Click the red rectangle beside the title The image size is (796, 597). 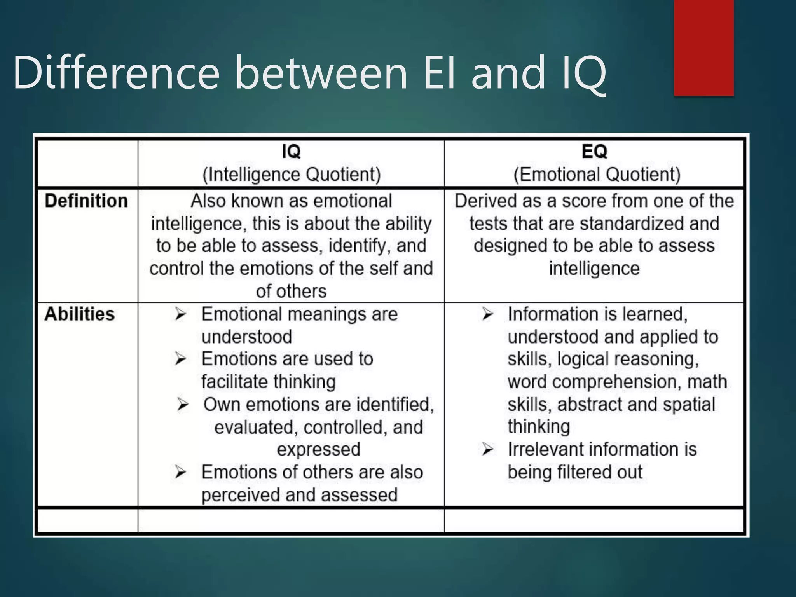[x=703, y=47]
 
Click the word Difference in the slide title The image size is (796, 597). [x=116, y=73]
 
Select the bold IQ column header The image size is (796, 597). [x=291, y=151]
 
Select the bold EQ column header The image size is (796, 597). [x=594, y=151]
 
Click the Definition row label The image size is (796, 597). [x=86, y=201]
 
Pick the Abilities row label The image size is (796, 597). [x=80, y=314]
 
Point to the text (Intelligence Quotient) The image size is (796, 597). [x=291, y=174]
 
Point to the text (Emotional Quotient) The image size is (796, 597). [x=597, y=174]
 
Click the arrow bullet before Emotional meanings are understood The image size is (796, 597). [x=180, y=314]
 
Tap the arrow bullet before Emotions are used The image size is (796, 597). [x=180, y=359]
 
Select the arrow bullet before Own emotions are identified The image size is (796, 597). [x=183, y=405]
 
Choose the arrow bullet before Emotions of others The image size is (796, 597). [x=180, y=472]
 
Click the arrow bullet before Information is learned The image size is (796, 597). [x=487, y=314]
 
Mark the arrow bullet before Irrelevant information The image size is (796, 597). [x=487, y=449]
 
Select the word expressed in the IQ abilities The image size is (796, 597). [x=318, y=449]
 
